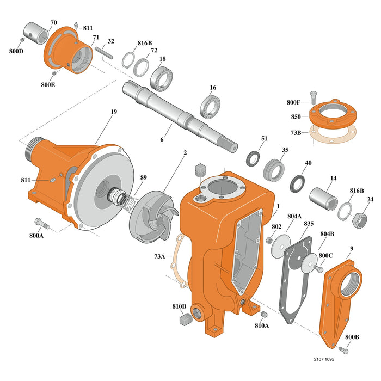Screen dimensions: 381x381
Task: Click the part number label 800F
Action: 293,102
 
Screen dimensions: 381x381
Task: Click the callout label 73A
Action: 159,255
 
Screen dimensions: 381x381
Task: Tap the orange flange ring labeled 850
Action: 333,116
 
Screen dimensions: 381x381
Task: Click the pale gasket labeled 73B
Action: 333,134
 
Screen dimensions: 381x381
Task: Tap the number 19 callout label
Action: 113,112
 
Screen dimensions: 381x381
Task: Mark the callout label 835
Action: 309,224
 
